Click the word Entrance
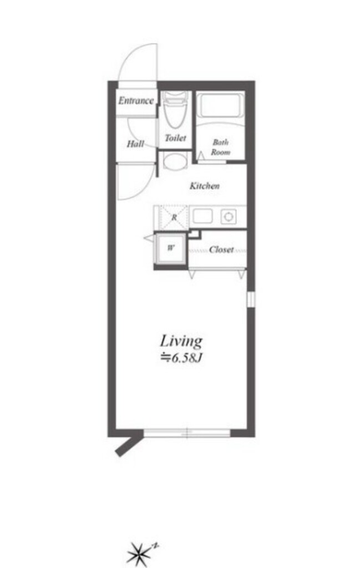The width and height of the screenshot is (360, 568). pyautogui.click(x=136, y=100)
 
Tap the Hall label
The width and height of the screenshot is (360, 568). pyautogui.click(x=135, y=144)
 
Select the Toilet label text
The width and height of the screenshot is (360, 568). pyautogui.click(x=175, y=138)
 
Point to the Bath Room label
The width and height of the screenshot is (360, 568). pyautogui.click(x=221, y=147)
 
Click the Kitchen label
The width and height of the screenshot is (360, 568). pyautogui.click(x=205, y=186)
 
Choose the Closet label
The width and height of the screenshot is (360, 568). pyautogui.click(x=221, y=250)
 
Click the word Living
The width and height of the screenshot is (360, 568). pyautogui.click(x=181, y=342)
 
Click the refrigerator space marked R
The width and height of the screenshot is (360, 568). pyautogui.click(x=174, y=217)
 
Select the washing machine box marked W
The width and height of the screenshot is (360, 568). pyautogui.click(x=170, y=248)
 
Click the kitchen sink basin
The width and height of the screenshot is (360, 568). pyautogui.click(x=202, y=217)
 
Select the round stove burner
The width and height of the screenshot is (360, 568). pyautogui.click(x=229, y=217)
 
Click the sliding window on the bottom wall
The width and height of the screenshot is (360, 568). pyautogui.click(x=187, y=433)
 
